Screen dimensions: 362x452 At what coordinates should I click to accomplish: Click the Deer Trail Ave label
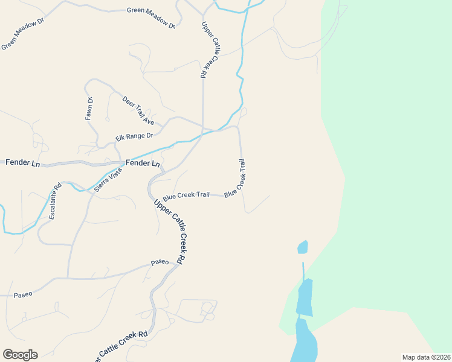(138, 110)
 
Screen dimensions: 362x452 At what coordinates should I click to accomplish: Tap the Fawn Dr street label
(89, 109)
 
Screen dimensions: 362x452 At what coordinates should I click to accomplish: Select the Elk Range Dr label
(134, 137)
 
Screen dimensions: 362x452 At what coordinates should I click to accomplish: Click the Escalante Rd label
(55, 201)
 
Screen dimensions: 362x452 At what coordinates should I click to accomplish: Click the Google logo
(20, 354)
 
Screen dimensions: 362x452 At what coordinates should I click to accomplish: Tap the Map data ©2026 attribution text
(426, 357)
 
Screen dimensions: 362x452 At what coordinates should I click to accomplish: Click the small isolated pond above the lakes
(303, 247)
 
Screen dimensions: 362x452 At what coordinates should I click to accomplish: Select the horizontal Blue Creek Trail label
(186, 195)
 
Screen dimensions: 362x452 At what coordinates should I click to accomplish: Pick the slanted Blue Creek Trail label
(236, 179)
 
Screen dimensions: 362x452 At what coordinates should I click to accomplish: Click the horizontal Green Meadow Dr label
(150, 10)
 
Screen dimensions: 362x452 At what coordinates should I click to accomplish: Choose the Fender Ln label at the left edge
(22, 163)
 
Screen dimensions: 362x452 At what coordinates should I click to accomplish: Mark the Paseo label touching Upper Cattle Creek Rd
(160, 262)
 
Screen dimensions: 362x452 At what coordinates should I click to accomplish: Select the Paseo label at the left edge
(23, 294)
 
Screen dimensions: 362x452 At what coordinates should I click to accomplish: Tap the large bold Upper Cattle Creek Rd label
(170, 231)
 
